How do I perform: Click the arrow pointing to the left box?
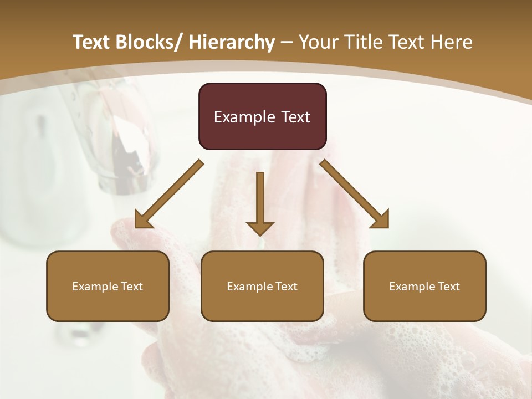(170, 193)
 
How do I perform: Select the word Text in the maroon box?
(295, 117)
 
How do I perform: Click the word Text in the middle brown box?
(286, 287)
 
